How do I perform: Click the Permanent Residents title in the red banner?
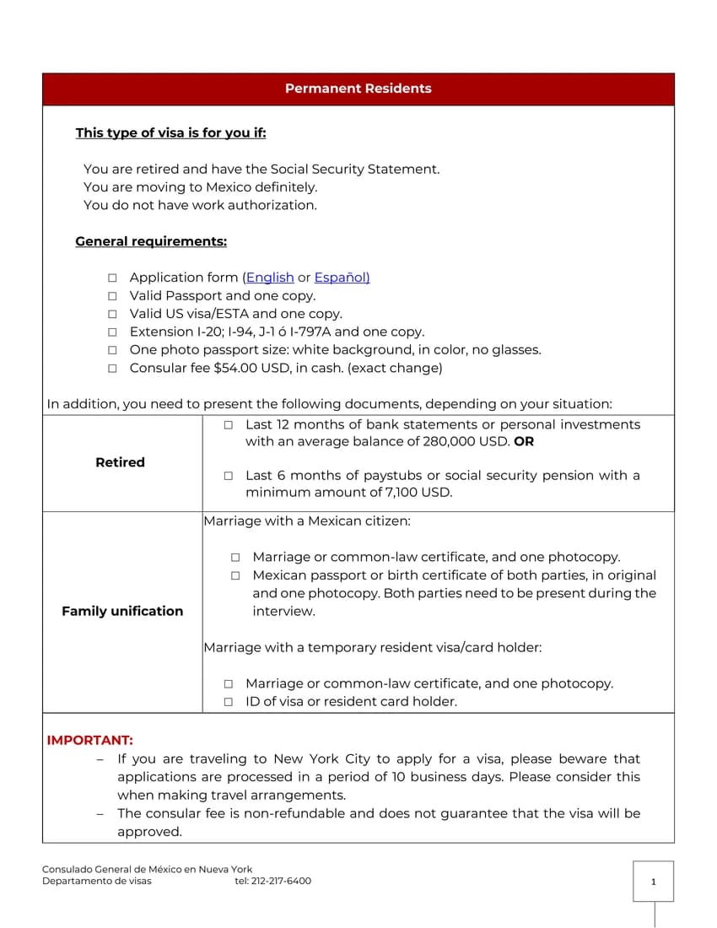[358, 89]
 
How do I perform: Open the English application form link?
[270, 278]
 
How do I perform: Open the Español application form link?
[342, 278]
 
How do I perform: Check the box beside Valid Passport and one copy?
[112, 296]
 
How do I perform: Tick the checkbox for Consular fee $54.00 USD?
[112, 369]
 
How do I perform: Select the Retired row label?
[120, 462]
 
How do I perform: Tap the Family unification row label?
[122, 611]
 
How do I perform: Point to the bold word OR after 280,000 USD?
[523, 441]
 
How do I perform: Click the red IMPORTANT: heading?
[89, 740]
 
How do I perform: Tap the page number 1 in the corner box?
[653, 882]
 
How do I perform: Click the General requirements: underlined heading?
[151, 241]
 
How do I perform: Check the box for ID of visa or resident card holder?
[229, 702]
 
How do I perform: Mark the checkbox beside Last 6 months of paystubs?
[229, 476]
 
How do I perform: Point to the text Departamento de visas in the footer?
[97, 881]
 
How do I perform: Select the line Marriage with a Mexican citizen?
[307, 521]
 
